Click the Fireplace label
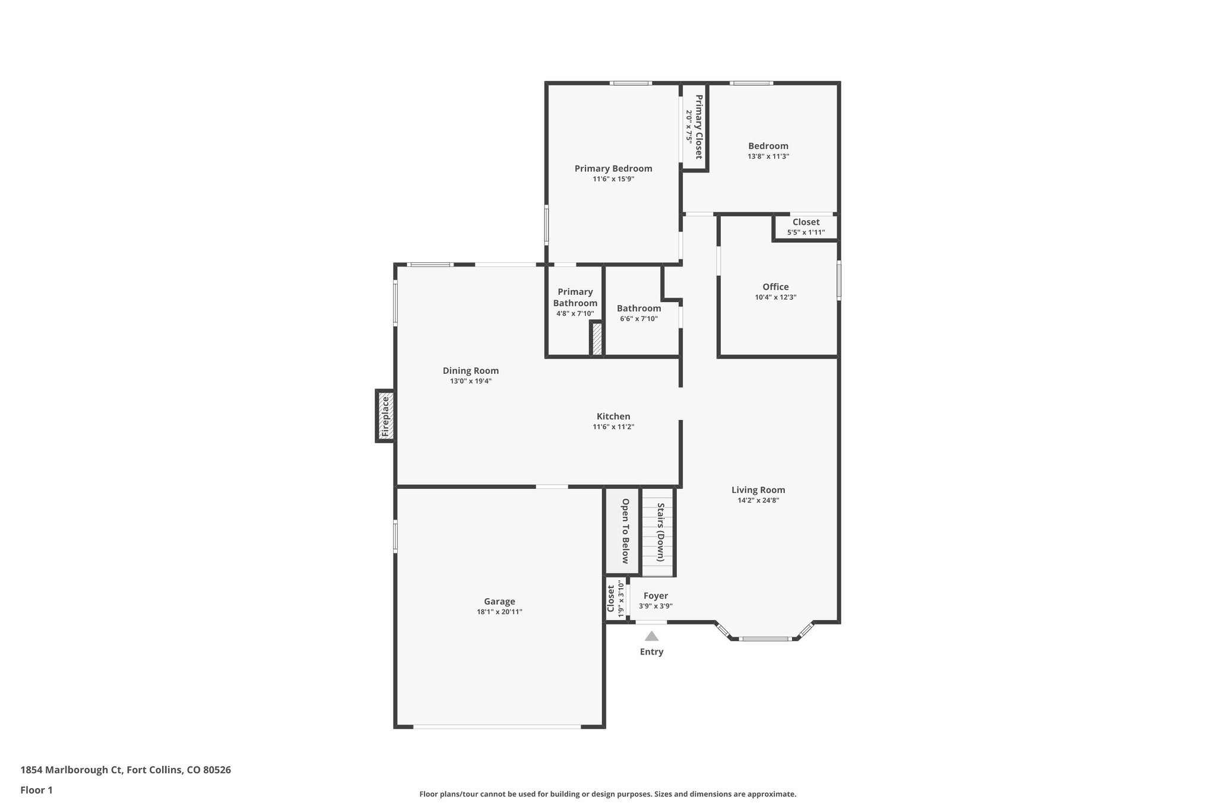(x=385, y=416)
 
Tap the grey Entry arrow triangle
(x=651, y=636)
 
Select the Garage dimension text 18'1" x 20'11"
(x=499, y=612)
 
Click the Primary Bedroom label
(x=613, y=169)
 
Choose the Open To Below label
(x=625, y=531)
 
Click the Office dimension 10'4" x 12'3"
(x=775, y=297)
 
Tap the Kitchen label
(x=613, y=417)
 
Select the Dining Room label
(x=470, y=371)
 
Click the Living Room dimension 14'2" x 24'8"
(x=758, y=500)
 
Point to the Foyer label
(x=655, y=596)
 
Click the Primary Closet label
(x=699, y=126)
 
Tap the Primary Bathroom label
(x=575, y=297)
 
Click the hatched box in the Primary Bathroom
(x=596, y=339)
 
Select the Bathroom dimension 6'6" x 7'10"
(x=639, y=319)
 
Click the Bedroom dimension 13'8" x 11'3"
(x=768, y=157)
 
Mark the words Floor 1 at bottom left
(x=37, y=790)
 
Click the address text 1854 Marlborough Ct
(x=71, y=770)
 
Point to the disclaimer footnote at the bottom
(x=607, y=794)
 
